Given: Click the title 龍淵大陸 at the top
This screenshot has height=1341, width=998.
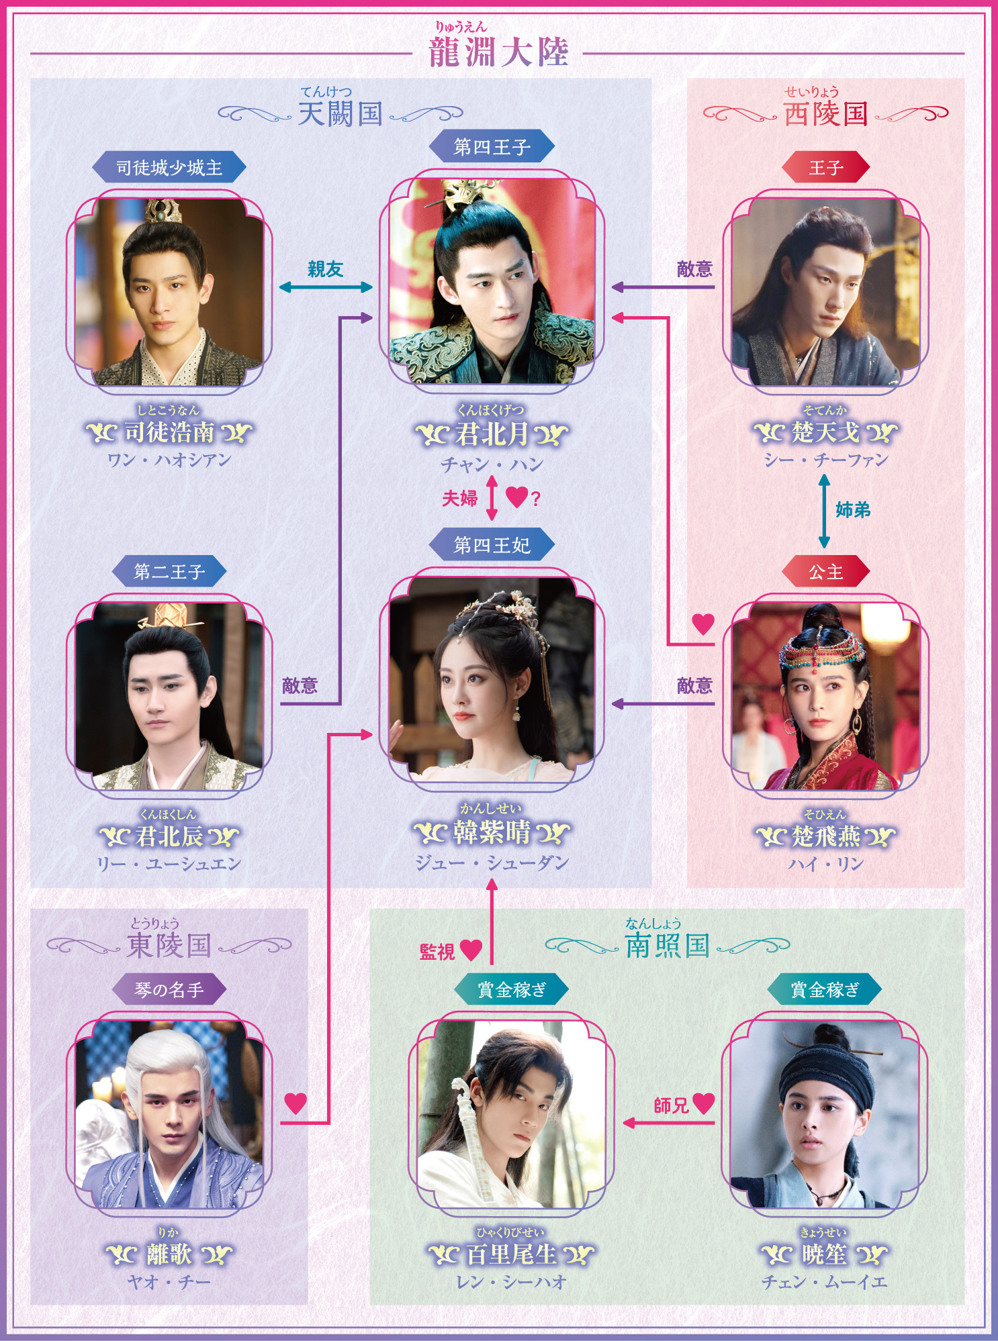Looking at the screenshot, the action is click(498, 52).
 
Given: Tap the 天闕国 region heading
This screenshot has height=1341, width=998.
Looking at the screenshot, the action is click(341, 114).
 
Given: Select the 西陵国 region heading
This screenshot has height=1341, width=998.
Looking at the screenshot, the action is click(825, 114).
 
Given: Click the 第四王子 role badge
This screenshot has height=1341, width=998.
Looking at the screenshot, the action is click(492, 147).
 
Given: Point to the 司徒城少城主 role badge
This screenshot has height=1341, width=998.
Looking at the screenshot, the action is click(169, 167).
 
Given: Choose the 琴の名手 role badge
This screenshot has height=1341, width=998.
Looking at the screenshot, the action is click(169, 989).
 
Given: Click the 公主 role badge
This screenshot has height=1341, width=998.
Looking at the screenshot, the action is click(825, 572).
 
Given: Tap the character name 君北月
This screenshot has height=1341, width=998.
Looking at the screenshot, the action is click(492, 434).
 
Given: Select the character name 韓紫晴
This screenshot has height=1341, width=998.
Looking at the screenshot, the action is click(492, 833).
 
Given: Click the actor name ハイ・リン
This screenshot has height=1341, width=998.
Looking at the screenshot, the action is click(825, 863).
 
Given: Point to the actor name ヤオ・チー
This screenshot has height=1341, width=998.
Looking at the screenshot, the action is click(169, 1281).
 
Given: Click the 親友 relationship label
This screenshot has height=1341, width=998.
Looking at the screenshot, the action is click(326, 269).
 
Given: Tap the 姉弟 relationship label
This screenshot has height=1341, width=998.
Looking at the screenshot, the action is click(853, 510).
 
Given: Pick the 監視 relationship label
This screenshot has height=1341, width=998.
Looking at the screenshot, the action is click(437, 952).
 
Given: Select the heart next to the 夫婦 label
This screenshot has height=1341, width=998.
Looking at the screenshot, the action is click(517, 497).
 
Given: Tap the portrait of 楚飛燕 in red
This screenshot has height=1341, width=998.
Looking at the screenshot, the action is click(825, 696).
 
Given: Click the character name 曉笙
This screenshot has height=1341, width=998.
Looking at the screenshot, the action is click(824, 1254).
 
